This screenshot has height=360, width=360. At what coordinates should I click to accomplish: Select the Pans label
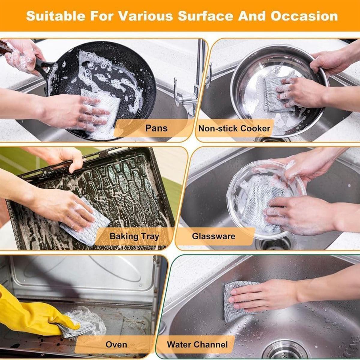click(156, 128)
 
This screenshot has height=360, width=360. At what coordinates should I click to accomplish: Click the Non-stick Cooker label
click(234, 129)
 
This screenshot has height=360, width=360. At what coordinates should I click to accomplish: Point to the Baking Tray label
click(134, 236)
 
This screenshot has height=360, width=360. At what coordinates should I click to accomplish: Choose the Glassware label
click(214, 236)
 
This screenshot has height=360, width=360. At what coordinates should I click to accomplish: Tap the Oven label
click(116, 345)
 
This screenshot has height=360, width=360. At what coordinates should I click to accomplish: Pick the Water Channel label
click(197, 345)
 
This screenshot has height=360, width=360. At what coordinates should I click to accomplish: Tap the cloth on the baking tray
click(87, 225)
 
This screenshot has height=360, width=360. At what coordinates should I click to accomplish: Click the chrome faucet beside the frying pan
click(199, 75)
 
